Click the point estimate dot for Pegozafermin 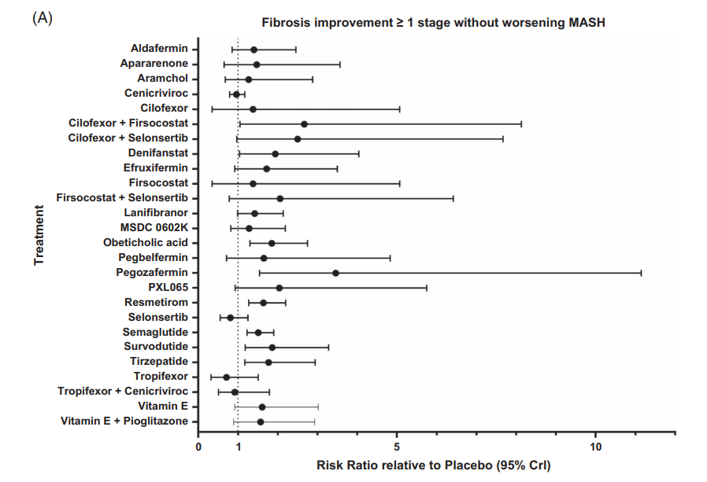pyautogui.click(x=335, y=273)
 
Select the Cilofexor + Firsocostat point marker pyautogui.click(x=304, y=124)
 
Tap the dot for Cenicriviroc pyautogui.click(x=236, y=94)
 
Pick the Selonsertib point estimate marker pyautogui.click(x=231, y=318)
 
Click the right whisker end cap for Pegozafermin pyautogui.click(x=641, y=273)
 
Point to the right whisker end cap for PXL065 pyautogui.click(x=427, y=288)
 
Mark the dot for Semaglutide pyautogui.click(x=257, y=333)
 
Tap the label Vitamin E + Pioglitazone pyautogui.click(x=124, y=421)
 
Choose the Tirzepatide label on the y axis pyautogui.click(x=159, y=362)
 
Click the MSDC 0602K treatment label pyautogui.click(x=156, y=228)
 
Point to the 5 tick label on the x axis pyautogui.click(x=397, y=447)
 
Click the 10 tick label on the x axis pyautogui.click(x=595, y=447)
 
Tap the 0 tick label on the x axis pyautogui.click(x=198, y=447)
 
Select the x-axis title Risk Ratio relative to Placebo pyautogui.click(x=434, y=465)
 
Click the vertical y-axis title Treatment pyautogui.click(x=39, y=235)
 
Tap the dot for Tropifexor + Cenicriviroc pyautogui.click(x=234, y=392)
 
